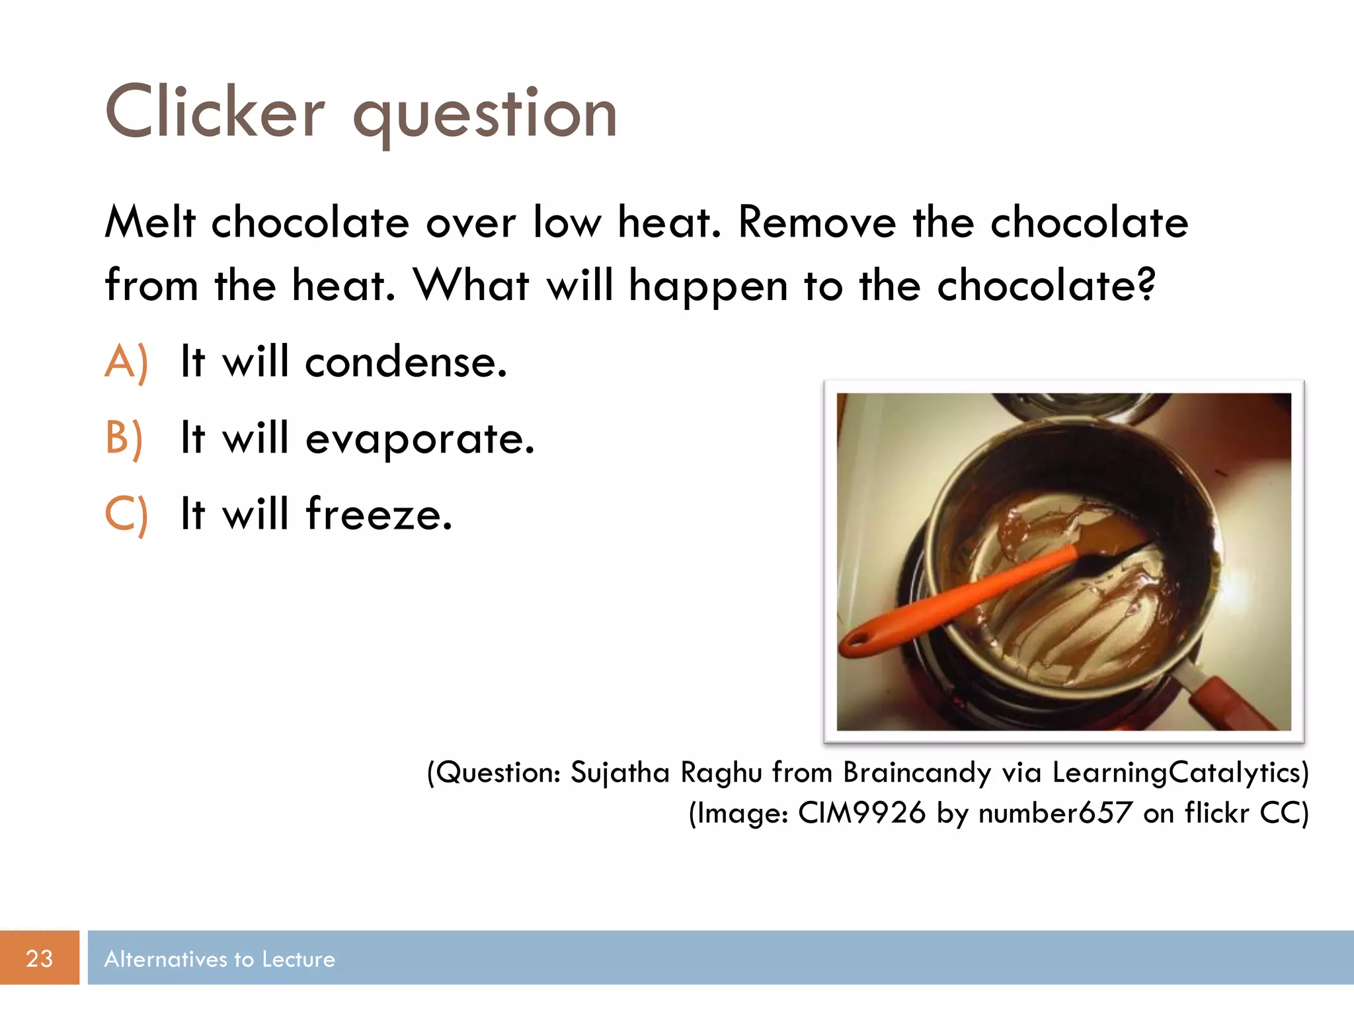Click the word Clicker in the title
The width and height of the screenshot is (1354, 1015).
point(215,112)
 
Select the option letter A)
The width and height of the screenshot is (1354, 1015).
point(126,362)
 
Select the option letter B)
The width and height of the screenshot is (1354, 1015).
point(124,438)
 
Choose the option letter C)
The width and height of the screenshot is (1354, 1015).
point(126,514)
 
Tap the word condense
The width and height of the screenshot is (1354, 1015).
point(405,362)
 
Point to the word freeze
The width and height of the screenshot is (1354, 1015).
point(379,514)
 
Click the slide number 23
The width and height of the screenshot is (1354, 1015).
point(39,958)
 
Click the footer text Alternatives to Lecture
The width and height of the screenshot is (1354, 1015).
point(219,959)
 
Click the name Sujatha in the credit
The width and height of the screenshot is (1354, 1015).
point(619,772)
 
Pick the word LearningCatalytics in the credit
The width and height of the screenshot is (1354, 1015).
point(1179,772)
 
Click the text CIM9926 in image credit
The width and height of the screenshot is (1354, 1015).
point(861,813)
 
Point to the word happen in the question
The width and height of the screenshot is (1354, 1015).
point(707,287)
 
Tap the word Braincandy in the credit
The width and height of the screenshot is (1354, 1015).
point(916,772)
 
